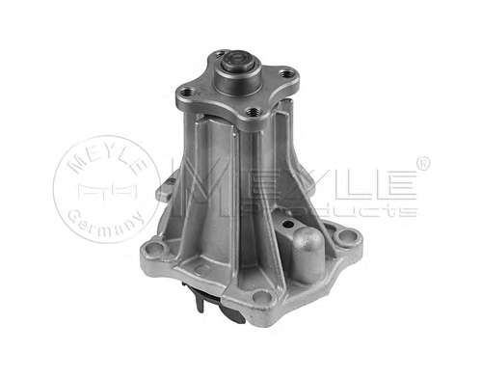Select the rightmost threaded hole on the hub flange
(x=285, y=74)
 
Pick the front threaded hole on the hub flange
(x=254, y=112)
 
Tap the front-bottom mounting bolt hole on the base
(x=262, y=296)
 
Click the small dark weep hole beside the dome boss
(x=289, y=224)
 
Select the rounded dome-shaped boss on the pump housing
(x=307, y=254)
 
